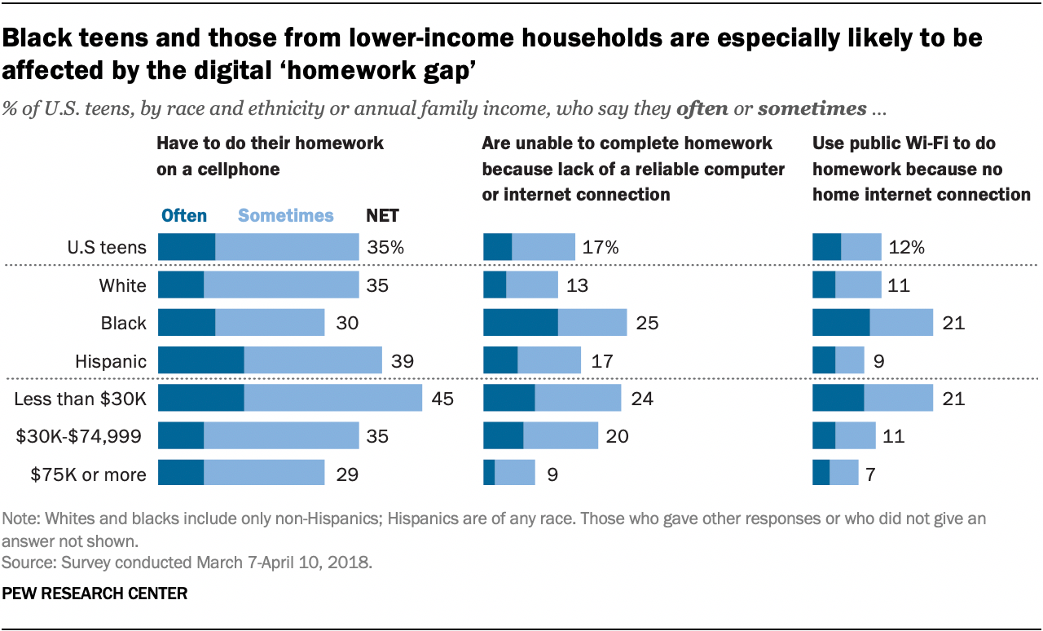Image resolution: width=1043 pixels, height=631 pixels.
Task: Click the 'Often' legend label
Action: tap(184, 215)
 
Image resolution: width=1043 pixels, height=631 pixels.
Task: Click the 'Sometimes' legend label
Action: tap(286, 215)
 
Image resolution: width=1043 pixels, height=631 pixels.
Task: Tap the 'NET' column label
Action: tap(382, 215)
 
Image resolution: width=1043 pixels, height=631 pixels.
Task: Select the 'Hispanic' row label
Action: tap(111, 360)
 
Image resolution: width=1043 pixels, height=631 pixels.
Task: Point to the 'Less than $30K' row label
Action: tap(81, 399)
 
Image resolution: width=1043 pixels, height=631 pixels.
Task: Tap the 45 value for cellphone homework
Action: tap(442, 399)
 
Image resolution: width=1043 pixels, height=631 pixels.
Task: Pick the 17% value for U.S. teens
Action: tap(601, 247)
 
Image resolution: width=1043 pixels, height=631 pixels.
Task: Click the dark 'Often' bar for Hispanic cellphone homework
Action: tap(200, 360)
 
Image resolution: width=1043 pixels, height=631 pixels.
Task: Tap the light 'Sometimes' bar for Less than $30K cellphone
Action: tap(332, 399)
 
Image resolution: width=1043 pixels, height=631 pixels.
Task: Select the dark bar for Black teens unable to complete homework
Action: tap(521, 323)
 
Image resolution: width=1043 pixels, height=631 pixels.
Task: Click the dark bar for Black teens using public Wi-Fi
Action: tap(841, 323)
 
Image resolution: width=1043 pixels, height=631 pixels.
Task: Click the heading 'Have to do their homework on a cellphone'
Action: tap(270, 157)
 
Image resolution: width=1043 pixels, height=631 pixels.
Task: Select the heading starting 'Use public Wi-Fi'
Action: tap(921, 169)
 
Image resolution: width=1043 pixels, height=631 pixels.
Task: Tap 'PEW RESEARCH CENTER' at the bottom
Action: tap(95, 594)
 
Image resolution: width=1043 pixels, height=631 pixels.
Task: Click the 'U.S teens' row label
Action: tap(108, 247)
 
